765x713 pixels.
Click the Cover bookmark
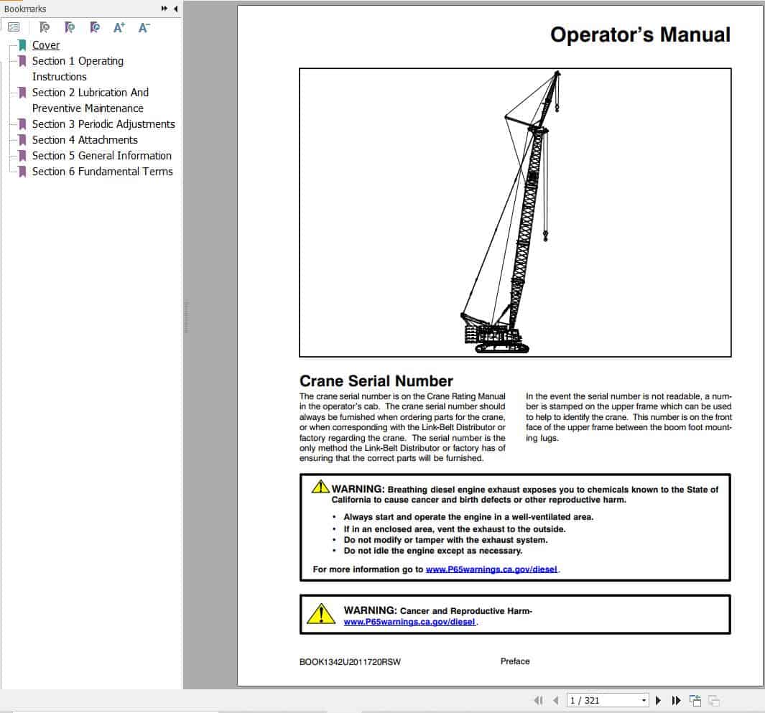tap(45, 45)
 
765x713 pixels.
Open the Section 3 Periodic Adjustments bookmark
tap(103, 124)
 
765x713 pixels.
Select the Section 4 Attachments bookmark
tap(85, 140)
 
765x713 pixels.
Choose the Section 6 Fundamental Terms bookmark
tap(102, 172)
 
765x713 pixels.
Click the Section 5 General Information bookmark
tap(101, 156)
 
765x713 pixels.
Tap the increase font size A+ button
tap(119, 27)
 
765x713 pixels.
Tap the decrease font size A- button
tap(144, 27)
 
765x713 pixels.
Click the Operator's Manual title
tap(640, 34)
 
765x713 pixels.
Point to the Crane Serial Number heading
tap(376, 381)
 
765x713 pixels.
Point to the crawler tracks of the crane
tap(501, 348)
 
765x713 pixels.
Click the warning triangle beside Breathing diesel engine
tap(320, 487)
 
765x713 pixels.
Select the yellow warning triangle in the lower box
tap(320, 614)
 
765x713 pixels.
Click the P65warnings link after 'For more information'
tap(491, 569)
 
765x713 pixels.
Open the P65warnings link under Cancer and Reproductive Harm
tap(409, 622)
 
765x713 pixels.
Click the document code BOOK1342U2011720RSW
tap(350, 662)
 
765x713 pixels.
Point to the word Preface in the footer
tap(515, 661)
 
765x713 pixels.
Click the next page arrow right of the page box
tap(659, 700)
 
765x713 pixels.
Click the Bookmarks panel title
tap(25, 9)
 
